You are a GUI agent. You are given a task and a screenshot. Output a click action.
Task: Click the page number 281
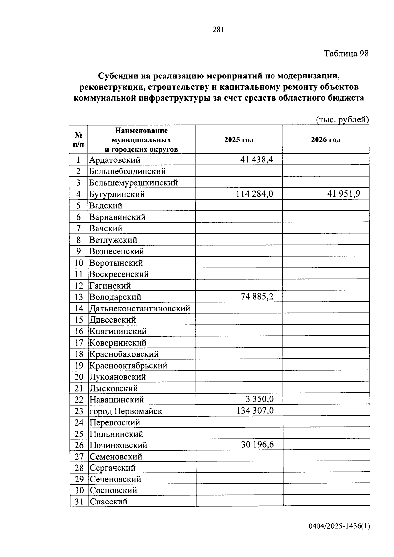click(x=218, y=30)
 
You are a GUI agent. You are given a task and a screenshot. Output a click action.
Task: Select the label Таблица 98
click(x=346, y=54)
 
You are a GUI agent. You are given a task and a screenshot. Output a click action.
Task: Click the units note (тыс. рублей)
click(x=342, y=120)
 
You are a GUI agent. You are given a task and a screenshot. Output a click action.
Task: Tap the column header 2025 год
click(x=239, y=140)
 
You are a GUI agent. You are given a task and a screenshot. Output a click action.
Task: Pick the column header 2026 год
click(x=326, y=140)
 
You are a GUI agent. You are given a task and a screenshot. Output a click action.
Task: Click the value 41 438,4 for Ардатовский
click(x=256, y=160)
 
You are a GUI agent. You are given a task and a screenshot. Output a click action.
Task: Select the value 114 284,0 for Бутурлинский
click(x=254, y=194)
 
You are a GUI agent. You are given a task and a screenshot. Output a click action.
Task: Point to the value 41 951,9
click(x=343, y=194)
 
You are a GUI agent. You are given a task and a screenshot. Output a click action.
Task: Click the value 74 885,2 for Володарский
click(x=257, y=297)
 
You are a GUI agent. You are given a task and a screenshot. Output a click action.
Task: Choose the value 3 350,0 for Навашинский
click(x=259, y=399)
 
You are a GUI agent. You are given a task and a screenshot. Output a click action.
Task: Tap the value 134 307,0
click(x=255, y=411)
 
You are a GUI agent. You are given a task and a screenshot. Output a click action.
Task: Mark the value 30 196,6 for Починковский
click(x=257, y=445)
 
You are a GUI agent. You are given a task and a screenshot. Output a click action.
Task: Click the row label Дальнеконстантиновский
click(x=140, y=309)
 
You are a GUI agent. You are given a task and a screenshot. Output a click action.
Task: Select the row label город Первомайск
click(x=126, y=411)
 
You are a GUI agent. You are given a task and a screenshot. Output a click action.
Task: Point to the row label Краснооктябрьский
click(x=128, y=365)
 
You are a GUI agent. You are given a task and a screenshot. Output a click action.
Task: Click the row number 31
click(x=79, y=502)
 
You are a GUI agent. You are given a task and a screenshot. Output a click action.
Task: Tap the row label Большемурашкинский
click(x=133, y=183)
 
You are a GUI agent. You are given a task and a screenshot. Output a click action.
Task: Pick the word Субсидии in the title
click(x=119, y=76)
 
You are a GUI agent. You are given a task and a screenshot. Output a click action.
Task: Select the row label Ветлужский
click(x=113, y=240)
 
